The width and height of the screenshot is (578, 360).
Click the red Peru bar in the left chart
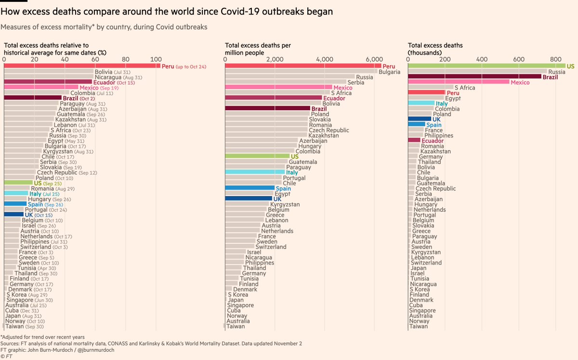[82, 66]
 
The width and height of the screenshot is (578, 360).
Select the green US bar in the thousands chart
[486, 66]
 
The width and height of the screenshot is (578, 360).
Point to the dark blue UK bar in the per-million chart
[249, 199]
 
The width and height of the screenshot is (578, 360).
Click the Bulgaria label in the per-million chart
[389, 72]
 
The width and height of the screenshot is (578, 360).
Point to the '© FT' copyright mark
[8, 357]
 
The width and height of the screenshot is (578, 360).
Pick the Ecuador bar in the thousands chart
[414, 140]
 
